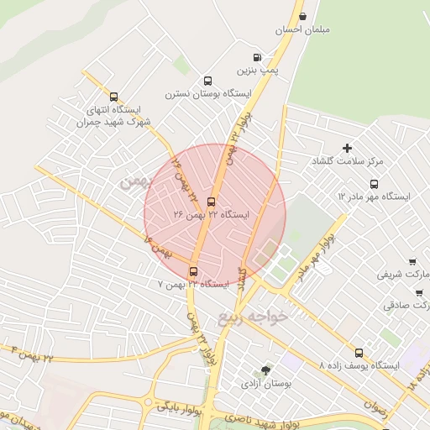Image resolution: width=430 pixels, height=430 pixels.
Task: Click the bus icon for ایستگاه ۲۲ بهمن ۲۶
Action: (x=210, y=202)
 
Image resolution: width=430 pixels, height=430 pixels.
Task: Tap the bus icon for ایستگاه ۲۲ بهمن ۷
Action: (x=194, y=271)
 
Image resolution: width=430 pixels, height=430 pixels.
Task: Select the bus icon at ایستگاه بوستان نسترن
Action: (x=207, y=81)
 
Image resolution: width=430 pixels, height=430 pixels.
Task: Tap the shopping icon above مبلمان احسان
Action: (x=302, y=16)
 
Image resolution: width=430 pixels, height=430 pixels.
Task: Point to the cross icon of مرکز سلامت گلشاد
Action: (x=347, y=148)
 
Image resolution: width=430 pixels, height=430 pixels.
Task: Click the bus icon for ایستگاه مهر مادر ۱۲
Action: (x=374, y=183)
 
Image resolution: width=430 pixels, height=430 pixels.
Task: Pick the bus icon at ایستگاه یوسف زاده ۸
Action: (x=359, y=353)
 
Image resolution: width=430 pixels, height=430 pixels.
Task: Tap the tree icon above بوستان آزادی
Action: (x=266, y=370)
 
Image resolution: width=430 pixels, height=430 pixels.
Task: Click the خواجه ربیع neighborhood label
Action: (x=253, y=317)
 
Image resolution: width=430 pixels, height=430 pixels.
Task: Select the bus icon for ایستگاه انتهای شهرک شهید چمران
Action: (x=114, y=96)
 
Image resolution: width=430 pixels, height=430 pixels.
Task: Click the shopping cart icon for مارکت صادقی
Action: (x=419, y=292)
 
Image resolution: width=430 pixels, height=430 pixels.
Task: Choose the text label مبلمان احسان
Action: (x=303, y=31)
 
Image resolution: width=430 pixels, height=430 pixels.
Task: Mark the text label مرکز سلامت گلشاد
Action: (x=347, y=160)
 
